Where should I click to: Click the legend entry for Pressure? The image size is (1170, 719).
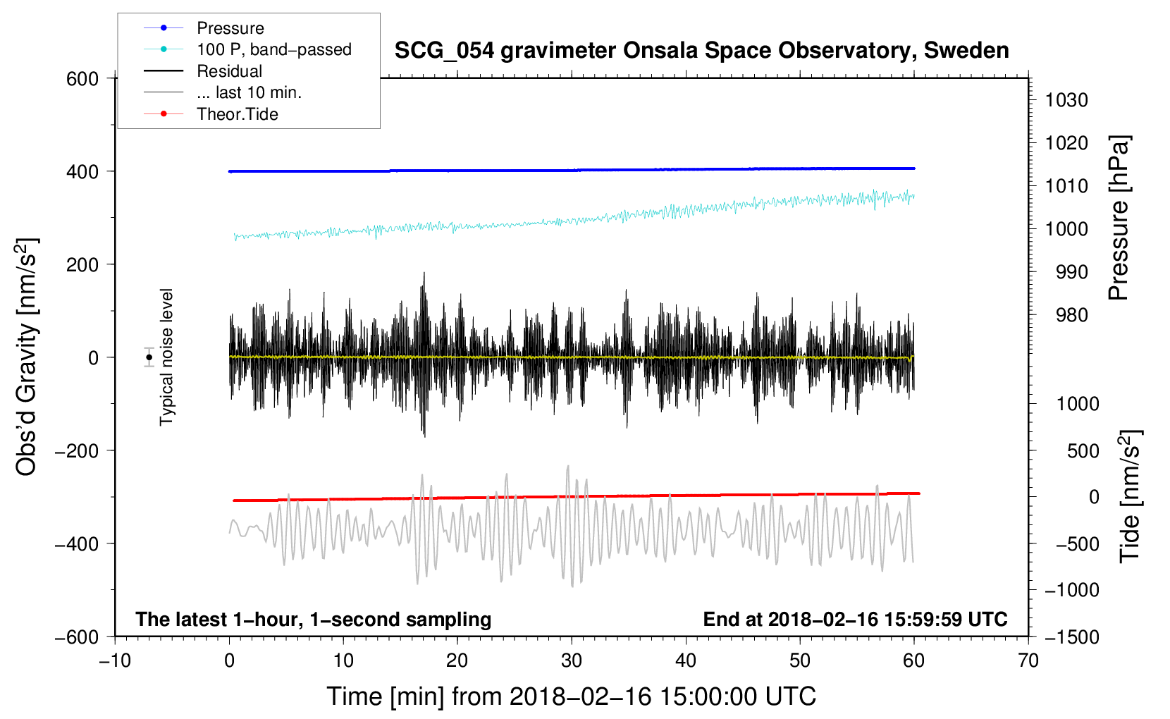click(x=230, y=28)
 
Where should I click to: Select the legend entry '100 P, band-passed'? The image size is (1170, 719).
click(x=273, y=49)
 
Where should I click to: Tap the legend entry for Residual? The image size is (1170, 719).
click(x=229, y=71)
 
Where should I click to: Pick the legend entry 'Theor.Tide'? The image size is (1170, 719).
click(x=237, y=114)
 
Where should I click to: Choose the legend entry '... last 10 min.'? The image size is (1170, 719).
click(x=249, y=92)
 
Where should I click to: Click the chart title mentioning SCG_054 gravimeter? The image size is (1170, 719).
click(x=701, y=51)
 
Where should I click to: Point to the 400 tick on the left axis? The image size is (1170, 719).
click(x=82, y=172)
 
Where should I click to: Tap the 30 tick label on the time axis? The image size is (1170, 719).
click(x=572, y=660)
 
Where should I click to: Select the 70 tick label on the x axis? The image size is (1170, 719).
click(x=1028, y=660)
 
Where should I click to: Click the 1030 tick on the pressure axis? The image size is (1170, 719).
click(x=1066, y=100)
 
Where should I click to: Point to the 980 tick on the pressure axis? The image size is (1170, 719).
click(x=1071, y=315)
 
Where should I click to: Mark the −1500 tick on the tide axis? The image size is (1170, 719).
click(x=1071, y=637)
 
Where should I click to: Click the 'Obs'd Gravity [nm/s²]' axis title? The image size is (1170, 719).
click(x=27, y=357)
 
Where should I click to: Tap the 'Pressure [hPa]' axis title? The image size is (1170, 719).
click(x=1119, y=218)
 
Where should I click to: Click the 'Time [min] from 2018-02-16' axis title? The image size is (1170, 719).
click(x=572, y=696)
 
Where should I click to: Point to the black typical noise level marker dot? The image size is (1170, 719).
click(x=149, y=357)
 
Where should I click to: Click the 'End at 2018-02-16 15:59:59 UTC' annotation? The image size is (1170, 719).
click(x=855, y=620)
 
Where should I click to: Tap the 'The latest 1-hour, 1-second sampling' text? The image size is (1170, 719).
click(x=313, y=620)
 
